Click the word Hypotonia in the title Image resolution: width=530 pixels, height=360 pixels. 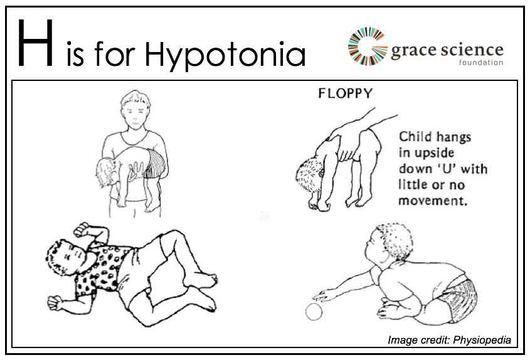225,56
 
